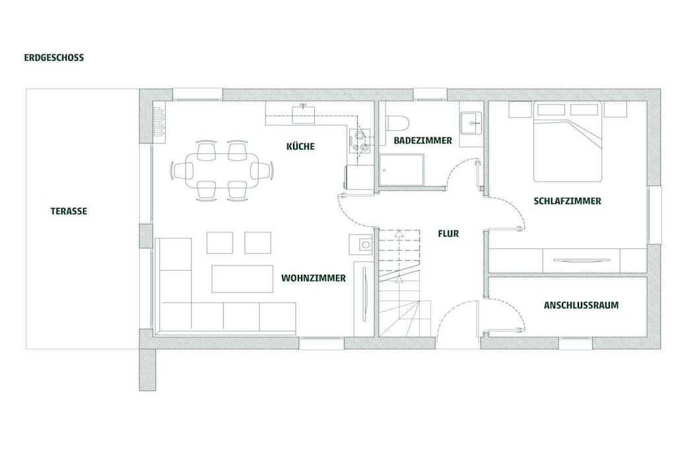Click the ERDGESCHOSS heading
coord(54,57)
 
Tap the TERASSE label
coord(69,211)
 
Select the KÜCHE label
coord(300,146)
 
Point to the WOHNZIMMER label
coord(314,278)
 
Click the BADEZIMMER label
coord(423,141)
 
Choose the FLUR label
coord(448,234)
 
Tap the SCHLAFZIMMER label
coord(567,201)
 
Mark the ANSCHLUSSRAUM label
coord(581,305)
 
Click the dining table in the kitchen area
coord(222,171)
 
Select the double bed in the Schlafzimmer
coord(567,141)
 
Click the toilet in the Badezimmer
coord(396,123)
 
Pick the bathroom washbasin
coord(471,123)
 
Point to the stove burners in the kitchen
coord(360,141)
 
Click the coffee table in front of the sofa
coord(242,279)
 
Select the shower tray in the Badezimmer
coord(401,170)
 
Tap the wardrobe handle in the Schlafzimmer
coord(582,260)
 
